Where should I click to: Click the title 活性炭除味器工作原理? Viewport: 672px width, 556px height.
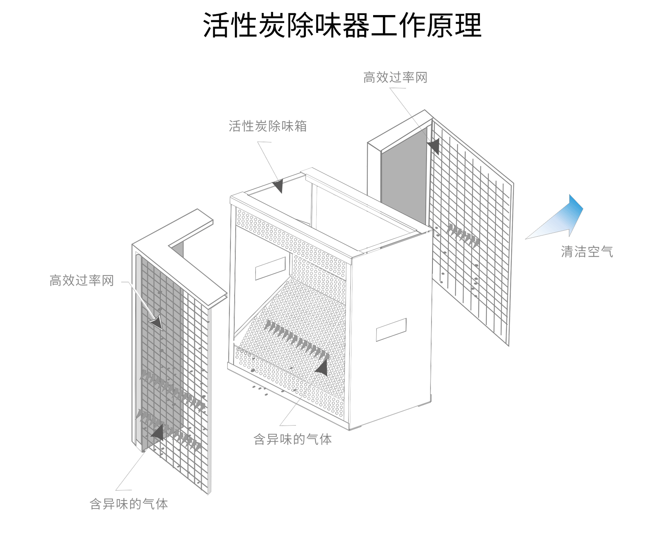tap(342, 25)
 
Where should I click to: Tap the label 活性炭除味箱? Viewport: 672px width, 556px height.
tap(268, 126)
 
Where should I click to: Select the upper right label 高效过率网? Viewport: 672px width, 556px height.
tap(395, 77)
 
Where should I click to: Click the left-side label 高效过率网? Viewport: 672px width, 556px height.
tap(82, 280)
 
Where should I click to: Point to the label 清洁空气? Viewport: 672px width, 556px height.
tap(587, 252)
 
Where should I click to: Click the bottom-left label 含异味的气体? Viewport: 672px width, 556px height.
tap(129, 504)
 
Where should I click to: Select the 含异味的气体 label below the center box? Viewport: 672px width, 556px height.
tap(293, 439)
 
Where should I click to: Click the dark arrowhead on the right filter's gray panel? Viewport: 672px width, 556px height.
tap(434, 146)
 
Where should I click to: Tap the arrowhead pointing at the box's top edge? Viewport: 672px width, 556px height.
tap(279, 185)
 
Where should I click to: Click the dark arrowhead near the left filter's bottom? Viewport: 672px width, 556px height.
tap(158, 432)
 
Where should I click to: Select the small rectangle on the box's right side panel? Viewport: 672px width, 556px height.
tap(391, 329)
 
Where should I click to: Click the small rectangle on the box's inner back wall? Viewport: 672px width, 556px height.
tap(270, 268)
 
